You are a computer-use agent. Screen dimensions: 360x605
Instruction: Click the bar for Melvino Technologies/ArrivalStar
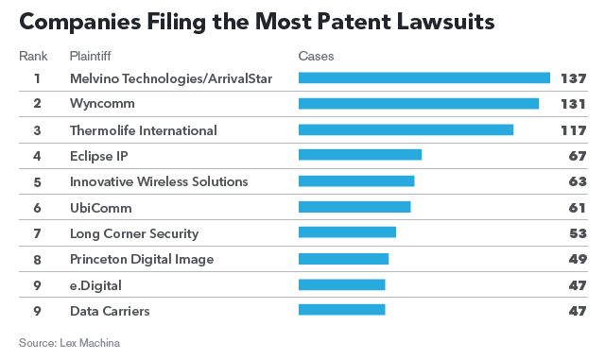coord(423,78)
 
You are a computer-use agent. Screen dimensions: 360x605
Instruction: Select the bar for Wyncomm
coord(418,104)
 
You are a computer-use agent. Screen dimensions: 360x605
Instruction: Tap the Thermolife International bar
coord(406,129)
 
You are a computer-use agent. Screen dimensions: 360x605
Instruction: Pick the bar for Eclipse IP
coord(359,155)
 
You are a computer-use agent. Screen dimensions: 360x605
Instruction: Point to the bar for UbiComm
coord(354,207)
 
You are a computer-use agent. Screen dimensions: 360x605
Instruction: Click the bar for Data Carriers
coord(341,310)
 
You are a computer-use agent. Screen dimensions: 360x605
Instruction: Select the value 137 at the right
coord(573,78)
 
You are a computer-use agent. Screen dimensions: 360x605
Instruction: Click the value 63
coord(577,181)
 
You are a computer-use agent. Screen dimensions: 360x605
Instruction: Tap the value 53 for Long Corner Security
coord(577,232)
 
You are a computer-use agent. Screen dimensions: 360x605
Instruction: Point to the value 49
coord(577,259)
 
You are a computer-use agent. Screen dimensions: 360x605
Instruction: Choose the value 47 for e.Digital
coord(577,284)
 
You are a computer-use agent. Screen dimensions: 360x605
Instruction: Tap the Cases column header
coord(316,56)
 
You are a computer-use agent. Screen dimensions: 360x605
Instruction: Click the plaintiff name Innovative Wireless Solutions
coord(159,181)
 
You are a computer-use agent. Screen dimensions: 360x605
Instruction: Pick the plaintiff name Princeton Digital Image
coord(142,259)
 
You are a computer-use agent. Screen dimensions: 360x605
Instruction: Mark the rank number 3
coord(37,130)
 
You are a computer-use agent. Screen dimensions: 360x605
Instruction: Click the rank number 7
coord(37,233)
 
